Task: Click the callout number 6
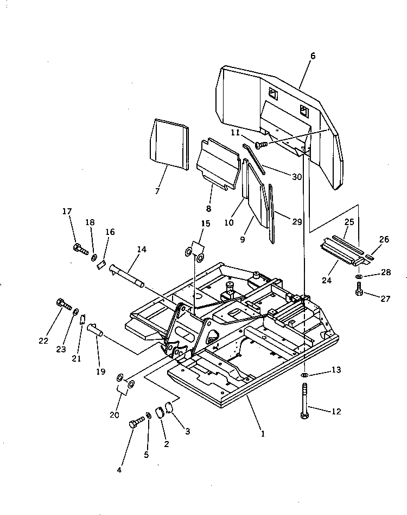(x=313, y=56)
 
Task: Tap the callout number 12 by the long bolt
(x=336, y=411)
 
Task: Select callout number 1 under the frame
(x=263, y=433)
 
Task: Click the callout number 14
(x=142, y=250)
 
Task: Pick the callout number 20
(x=114, y=415)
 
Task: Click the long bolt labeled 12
(x=305, y=402)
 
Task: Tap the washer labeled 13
(x=305, y=375)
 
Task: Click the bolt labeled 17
(x=80, y=250)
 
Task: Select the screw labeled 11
(x=262, y=145)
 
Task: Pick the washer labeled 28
(x=359, y=277)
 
